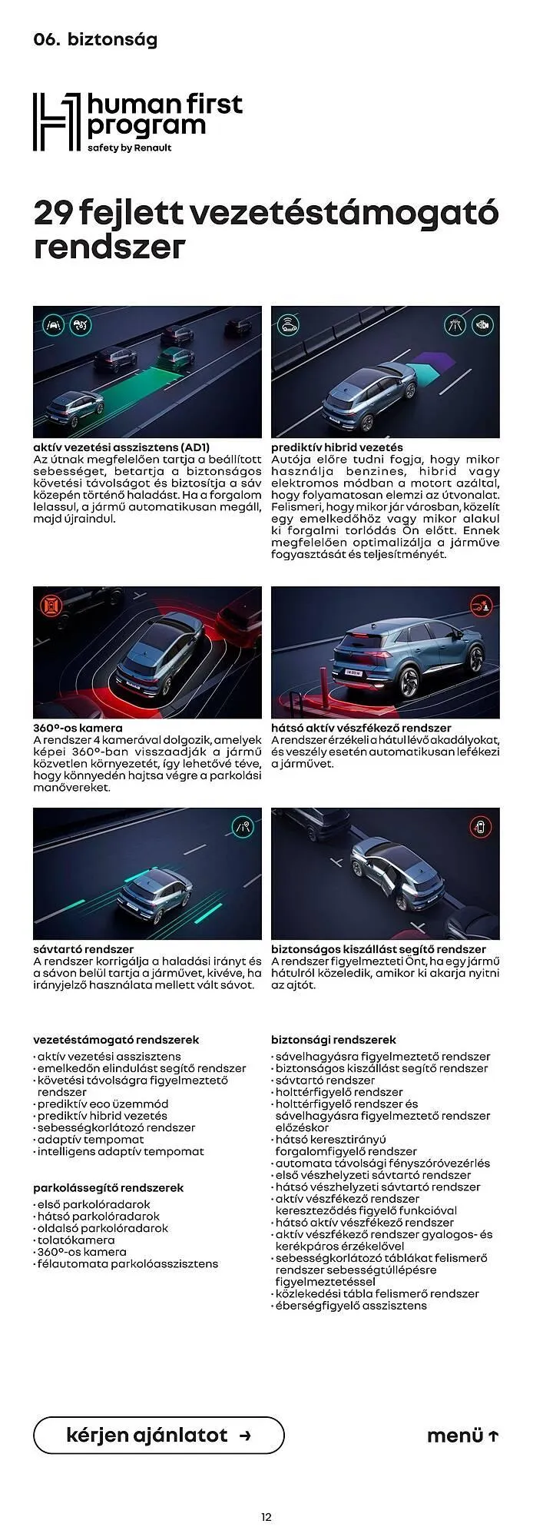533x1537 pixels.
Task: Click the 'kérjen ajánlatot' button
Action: (158, 1435)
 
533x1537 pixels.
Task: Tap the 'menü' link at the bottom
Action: (462, 1436)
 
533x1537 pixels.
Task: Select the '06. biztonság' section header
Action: (95, 40)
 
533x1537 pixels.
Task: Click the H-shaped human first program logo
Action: (55, 121)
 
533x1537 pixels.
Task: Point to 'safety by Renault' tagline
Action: (129, 148)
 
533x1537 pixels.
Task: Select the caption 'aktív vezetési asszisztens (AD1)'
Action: (121, 446)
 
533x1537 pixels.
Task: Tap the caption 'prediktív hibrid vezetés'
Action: (336, 446)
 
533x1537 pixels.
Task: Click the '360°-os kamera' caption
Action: (78, 727)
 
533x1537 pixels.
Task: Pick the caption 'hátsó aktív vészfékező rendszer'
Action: (361, 727)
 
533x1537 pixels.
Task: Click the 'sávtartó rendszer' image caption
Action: (83, 948)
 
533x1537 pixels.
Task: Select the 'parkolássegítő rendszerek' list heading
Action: (108, 1187)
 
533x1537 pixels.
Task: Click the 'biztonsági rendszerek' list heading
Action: (333, 1039)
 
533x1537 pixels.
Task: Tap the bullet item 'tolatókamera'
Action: (76, 1240)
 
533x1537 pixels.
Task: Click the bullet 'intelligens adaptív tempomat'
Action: (121, 1151)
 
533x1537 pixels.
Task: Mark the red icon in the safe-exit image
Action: (481, 827)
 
